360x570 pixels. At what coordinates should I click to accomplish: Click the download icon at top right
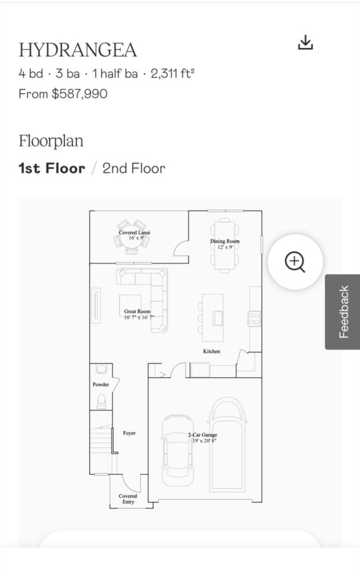tap(305, 42)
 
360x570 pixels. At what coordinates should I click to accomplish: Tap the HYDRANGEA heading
tap(77, 50)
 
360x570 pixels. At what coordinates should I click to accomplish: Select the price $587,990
tap(80, 94)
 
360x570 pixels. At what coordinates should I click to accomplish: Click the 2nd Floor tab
tap(134, 169)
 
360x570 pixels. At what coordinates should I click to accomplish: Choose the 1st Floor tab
tap(52, 169)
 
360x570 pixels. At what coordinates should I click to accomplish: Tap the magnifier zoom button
tap(295, 262)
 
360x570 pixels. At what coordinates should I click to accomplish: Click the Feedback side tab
tap(342, 312)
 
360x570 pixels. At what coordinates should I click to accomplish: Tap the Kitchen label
tap(211, 351)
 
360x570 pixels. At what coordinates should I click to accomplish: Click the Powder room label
tap(101, 384)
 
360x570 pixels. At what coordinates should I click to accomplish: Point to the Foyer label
tap(129, 433)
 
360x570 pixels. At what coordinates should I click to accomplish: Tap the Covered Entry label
tap(128, 499)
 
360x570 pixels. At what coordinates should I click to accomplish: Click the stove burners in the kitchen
tap(254, 319)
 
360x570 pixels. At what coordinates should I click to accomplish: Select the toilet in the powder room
tap(101, 401)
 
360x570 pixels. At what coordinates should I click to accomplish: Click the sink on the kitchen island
tap(218, 319)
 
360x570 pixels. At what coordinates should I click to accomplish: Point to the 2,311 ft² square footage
tap(173, 74)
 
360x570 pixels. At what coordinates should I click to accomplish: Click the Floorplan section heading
tap(51, 141)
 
